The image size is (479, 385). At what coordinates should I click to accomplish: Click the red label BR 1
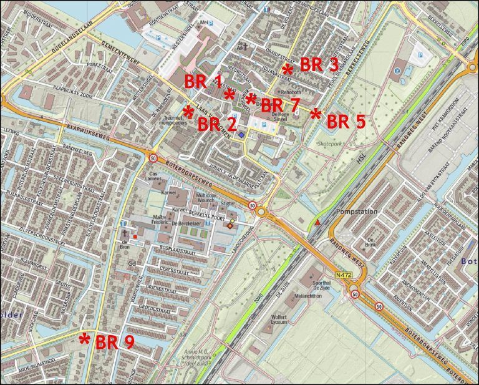(203, 81)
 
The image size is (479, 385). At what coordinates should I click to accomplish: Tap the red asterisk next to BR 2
(188, 112)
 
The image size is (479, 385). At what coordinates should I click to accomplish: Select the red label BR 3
(319, 65)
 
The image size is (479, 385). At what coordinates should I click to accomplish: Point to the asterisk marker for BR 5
(316, 114)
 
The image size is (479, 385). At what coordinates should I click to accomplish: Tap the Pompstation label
(357, 212)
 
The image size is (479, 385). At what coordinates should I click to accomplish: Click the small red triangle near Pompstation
(318, 222)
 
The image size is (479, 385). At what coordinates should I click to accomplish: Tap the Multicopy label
(208, 195)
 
